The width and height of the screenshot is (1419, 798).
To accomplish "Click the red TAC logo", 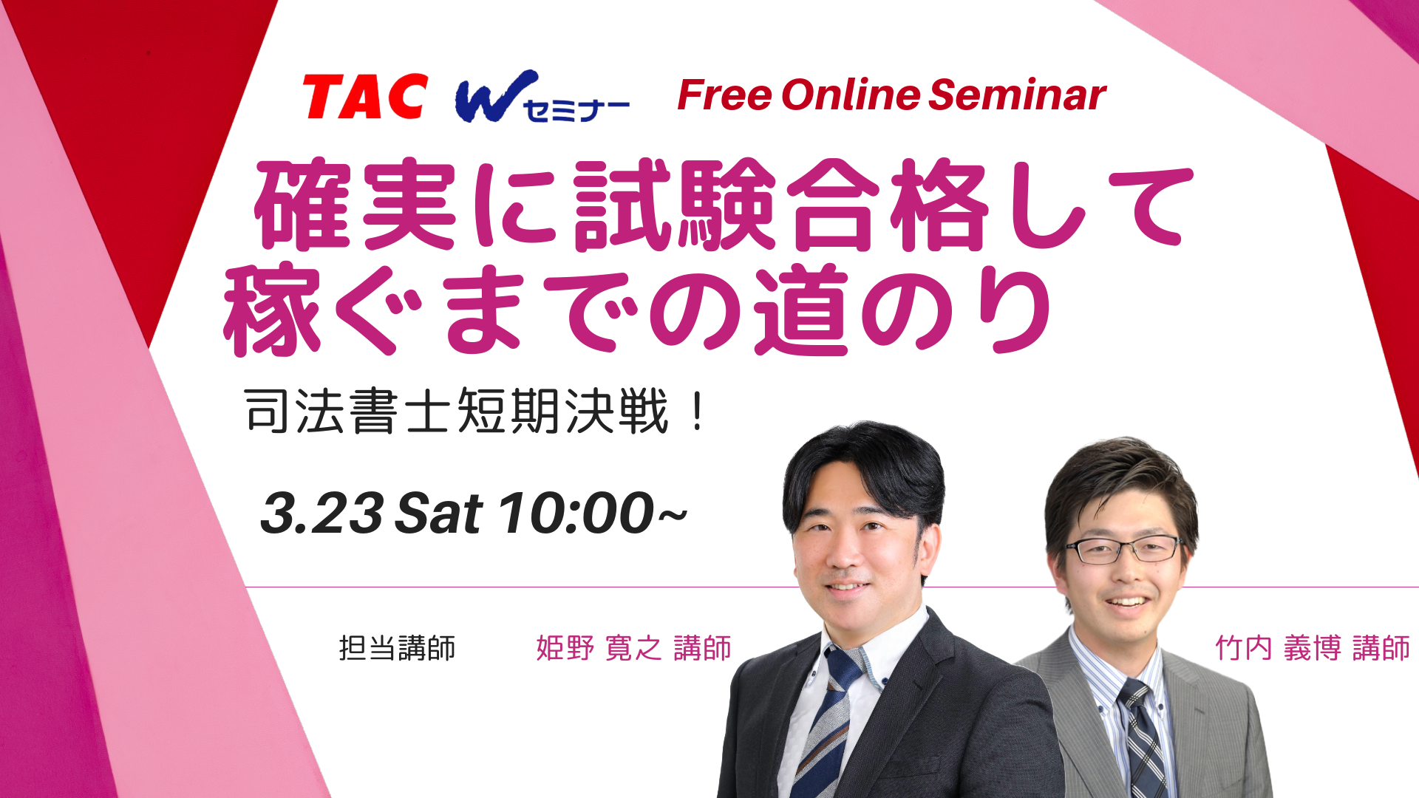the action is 365,96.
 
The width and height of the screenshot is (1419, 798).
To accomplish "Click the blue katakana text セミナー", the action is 576,110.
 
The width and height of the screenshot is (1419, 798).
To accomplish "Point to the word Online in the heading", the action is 851,95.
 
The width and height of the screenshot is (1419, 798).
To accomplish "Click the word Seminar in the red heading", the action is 1018,95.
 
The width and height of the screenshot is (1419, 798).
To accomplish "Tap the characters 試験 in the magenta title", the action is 674,205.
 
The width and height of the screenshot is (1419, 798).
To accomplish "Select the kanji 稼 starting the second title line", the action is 272,310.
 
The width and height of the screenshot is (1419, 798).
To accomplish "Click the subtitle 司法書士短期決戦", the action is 457,412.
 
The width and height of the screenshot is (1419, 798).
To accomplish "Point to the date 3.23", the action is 322,513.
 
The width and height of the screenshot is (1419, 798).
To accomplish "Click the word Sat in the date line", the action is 439,513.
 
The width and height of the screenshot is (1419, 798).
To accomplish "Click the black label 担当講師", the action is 397,648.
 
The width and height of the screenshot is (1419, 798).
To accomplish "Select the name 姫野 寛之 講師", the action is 633,648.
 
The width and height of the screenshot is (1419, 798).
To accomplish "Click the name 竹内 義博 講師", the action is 1313,648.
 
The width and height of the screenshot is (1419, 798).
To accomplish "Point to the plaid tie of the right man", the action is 1141,739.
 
